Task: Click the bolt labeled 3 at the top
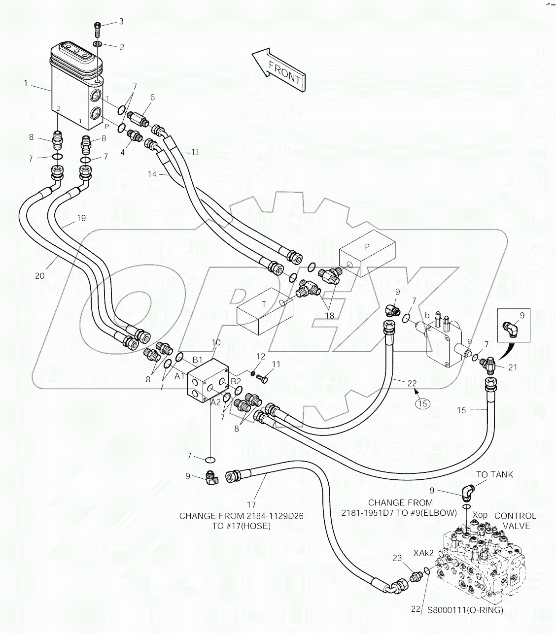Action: pyautogui.click(x=98, y=29)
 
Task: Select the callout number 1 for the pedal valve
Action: pyautogui.click(x=25, y=83)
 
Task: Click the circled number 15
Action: pyautogui.click(x=422, y=403)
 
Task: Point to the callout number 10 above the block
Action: pyautogui.click(x=216, y=342)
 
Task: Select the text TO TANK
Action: pyautogui.click(x=494, y=474)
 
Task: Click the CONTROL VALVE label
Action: pyautogui.click(x=515, y=521)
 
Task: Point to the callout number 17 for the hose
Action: pyautogui.click(x=251, y=504)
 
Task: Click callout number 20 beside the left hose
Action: pyautogui.click(x=39, y=276)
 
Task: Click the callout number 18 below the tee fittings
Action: pyautogui.click(x=330, y=315)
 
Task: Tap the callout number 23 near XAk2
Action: pyautogui.click(x=397, y=558)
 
